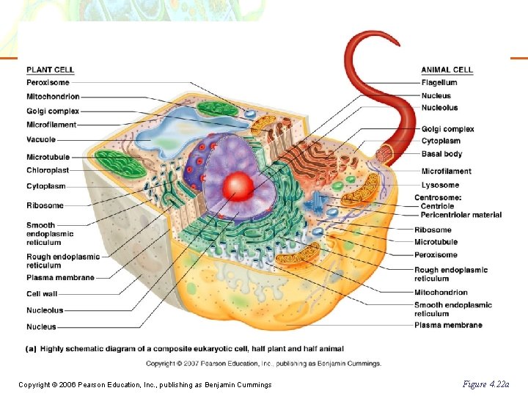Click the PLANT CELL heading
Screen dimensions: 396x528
50,70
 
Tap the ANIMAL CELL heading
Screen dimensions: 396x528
447,70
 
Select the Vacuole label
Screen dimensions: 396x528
41,140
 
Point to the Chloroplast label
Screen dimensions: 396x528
48,170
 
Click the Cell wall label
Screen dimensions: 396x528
42,294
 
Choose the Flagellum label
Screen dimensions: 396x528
439,83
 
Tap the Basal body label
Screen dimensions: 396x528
441,154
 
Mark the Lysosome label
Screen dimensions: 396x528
440,185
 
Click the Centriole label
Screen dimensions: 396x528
438,207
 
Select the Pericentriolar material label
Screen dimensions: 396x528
461,215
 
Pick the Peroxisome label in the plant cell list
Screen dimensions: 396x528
48,83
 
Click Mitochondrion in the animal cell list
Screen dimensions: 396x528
441,293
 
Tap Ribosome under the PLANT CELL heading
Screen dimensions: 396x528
45,205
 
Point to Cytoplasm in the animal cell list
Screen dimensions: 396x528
441,141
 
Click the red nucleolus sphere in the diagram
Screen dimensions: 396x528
237,183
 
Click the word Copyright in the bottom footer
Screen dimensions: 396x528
34,385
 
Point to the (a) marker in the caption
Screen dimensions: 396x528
32,348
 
